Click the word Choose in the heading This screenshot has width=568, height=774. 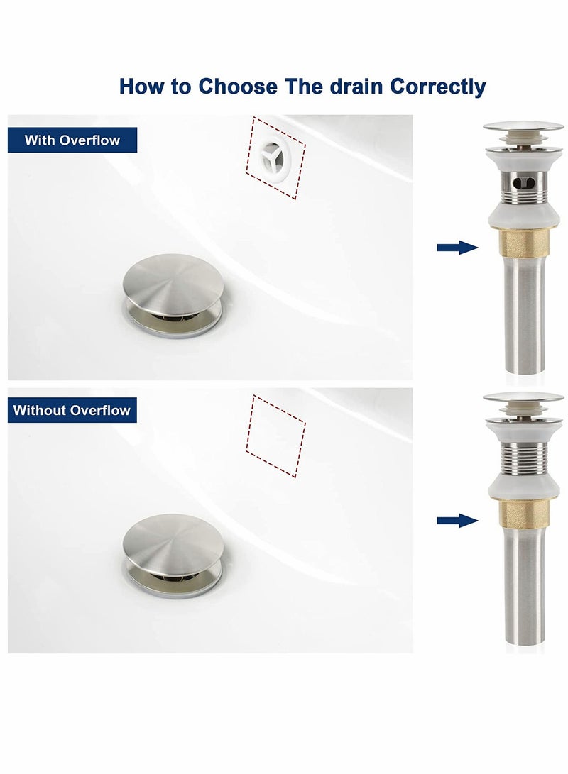(x=238, y=87)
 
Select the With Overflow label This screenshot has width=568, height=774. (x=72, y=140)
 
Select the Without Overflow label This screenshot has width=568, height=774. (x=72, y=409)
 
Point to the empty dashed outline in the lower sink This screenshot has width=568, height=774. (x=275, y=436)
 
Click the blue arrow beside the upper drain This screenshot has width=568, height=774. (x=457, y=247)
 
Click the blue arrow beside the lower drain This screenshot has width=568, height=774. (x=457, y=520)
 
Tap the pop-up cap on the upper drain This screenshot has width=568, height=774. (x=523, y=127)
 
